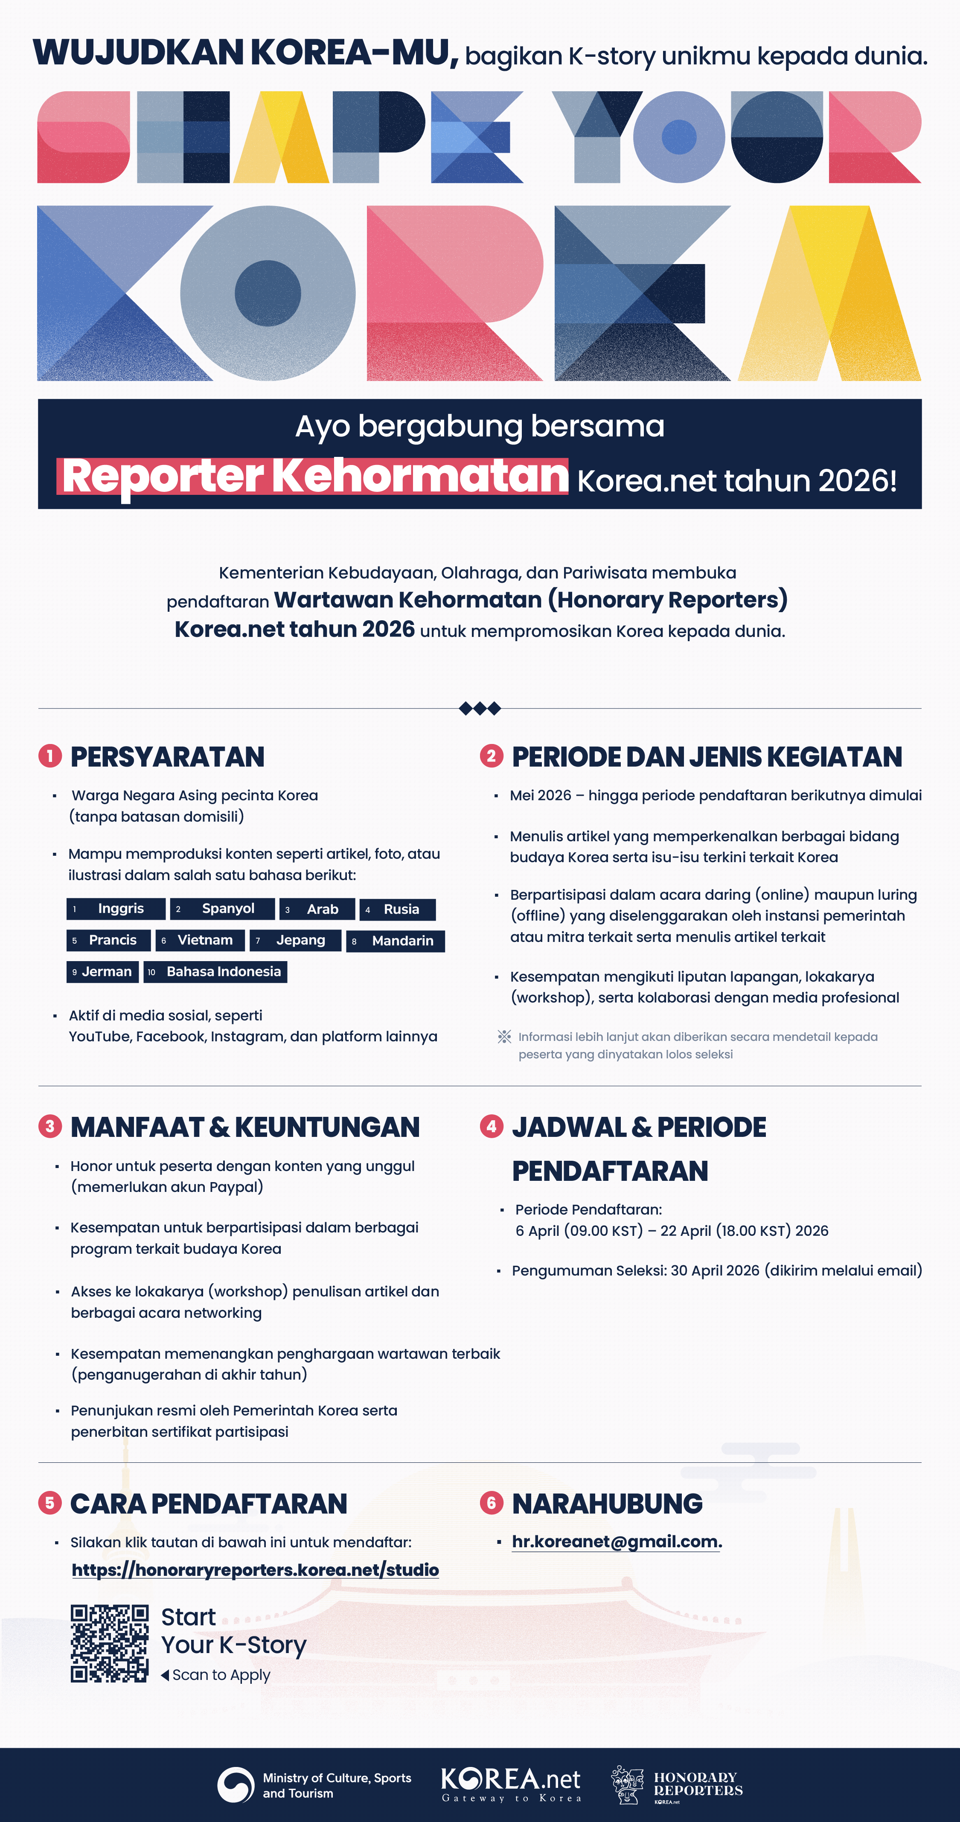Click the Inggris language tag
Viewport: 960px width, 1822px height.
coord(116,909)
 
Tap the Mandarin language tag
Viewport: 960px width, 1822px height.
coord(396,941)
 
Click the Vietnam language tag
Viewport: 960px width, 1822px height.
coord(200,940)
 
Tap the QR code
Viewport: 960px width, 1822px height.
coord(110,1643)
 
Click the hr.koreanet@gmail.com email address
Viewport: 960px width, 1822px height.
coord(616,1542)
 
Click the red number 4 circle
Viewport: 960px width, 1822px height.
coord(492,1126)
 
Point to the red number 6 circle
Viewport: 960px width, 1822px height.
coord(492,1502)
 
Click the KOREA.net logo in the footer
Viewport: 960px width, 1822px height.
coord(511,1784)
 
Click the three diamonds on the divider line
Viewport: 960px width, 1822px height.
coord(480,708)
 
